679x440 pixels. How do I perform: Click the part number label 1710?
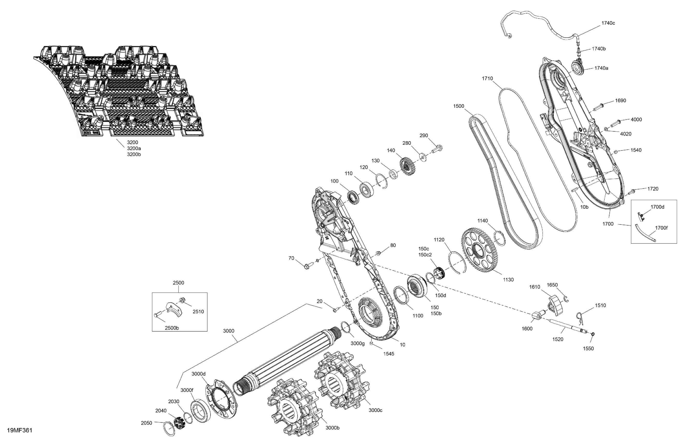click(x=487, y=78)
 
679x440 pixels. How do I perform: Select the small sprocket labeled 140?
click(x=406, y=165)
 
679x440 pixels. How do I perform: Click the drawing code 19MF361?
click(x=19, y=430)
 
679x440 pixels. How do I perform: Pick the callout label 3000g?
click(x=357, y=344)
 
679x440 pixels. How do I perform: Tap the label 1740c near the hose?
click(x=608, y=23)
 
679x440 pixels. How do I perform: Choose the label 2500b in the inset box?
click(x=172, y=328)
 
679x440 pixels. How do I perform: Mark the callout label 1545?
click(x=388, y=354)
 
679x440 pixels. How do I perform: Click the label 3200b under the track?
click(x=134, y=155)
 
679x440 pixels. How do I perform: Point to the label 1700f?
click(x=661, y=228)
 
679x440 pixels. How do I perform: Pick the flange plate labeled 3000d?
click(x=221, y=399)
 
